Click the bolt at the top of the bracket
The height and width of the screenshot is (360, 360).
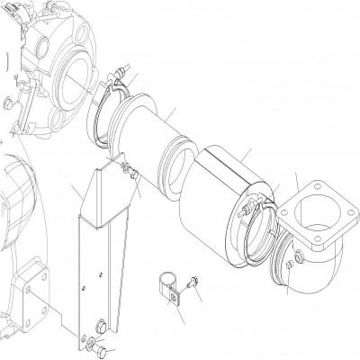[128, 172]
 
